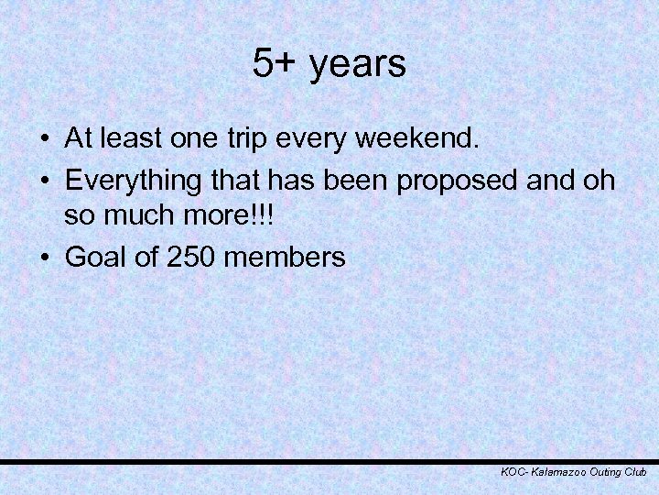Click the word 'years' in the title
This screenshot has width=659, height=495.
pos(358,66)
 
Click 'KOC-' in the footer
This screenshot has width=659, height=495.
pos(514,471)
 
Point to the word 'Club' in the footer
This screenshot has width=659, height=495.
pos(634,471)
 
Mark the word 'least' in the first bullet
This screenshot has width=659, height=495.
pos(130,139)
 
